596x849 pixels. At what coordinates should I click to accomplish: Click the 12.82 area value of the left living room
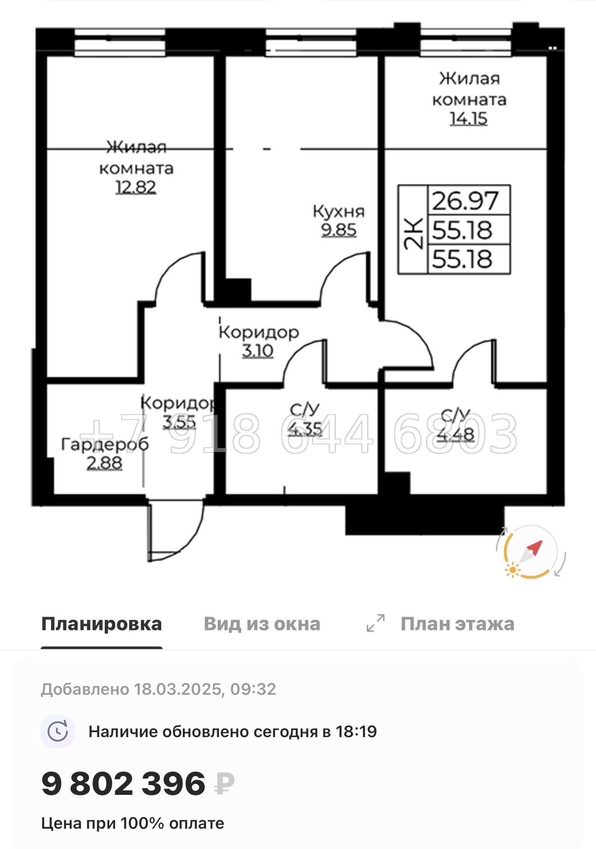click(x=136, y=187)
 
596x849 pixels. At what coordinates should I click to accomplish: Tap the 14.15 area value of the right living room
click(x=469, y=118)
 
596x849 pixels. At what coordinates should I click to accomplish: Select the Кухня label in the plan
click(x=339, y=211)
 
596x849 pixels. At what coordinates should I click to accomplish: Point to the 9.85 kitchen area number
click(x=339, y=230)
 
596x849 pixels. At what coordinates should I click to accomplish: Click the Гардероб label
click(x=105, y=444)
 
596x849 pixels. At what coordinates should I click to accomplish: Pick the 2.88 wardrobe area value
click(x=104, y=463)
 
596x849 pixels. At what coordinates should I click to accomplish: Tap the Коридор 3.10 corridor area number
click(x=258, y=351)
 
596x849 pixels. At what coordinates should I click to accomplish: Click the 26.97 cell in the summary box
click(x=466, y=201)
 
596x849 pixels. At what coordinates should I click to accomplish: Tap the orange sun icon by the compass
click(x=512, y=570)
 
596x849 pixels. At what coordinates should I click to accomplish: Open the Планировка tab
click(x=102, y=624)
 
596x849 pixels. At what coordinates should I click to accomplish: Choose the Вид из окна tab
click(x=262, y=624)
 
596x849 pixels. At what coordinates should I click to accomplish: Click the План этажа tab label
click(x=457, y=624)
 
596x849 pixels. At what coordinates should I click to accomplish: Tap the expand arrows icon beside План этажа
click(x=376, y=623)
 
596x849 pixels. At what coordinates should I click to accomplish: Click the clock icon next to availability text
click(x=58, y=731)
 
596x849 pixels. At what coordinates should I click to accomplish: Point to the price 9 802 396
click(x=123, y=783)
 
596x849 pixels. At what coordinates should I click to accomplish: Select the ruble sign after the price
click(x=224, y=784)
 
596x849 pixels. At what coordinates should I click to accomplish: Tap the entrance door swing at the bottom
click(x=176, y=532)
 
